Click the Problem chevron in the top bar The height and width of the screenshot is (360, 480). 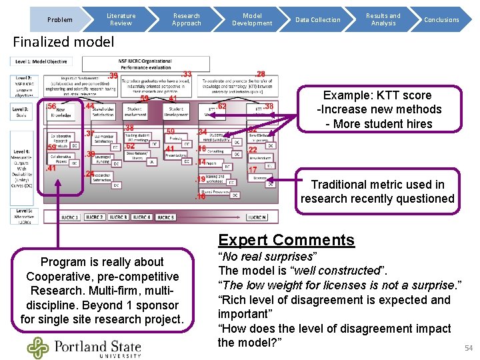click(61, 19)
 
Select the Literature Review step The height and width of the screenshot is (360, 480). click(121, 19)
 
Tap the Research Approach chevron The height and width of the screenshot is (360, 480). click(187, 19)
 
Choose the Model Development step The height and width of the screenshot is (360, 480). click(252, 19)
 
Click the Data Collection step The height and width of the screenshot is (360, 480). click(318, 19)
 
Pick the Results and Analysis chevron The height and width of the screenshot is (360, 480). click(383, 19)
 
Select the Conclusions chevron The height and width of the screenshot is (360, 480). click(441, 19)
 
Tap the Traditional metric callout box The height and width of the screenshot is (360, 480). click(377, 191)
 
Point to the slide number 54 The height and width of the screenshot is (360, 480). click(468, 348)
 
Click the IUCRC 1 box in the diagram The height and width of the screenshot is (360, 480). click(70, 217)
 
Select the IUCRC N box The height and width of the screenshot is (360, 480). click(257, 217)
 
